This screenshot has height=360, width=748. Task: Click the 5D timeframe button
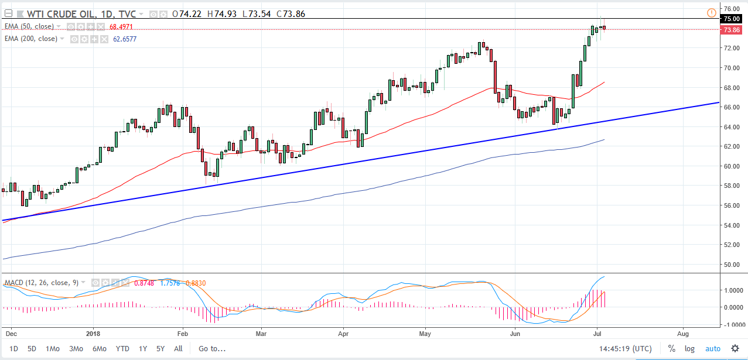(32, 348)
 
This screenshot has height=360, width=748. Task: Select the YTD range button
(122, 348)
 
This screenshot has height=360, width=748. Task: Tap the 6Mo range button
(99, 348)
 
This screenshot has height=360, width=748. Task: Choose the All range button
(178, 348)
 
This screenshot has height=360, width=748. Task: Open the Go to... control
(211, 348)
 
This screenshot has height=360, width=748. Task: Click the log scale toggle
(689, 348)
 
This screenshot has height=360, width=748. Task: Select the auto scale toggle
(712, 348)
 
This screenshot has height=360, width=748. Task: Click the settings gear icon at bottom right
(735, 348)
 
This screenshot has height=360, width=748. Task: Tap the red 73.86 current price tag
(732, 30)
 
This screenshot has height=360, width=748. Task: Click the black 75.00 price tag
(732, 19)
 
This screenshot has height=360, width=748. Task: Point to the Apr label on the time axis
(344, 334)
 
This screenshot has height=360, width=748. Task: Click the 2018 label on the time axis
(94, 334)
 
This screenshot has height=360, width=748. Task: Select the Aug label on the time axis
(683, 334)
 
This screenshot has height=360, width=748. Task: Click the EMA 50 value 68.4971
(125, 26)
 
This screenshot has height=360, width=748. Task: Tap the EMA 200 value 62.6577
(125, 39)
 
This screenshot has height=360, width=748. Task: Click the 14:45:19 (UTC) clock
(625, 348)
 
